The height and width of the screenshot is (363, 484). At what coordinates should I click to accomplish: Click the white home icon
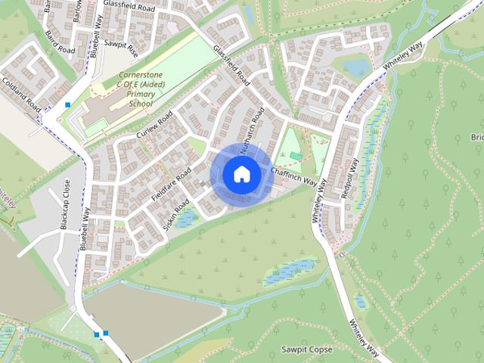pyautogui.click(x=240, y=174)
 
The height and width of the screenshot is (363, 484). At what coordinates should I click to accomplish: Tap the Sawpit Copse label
pyautogui.click(x=306, y=349)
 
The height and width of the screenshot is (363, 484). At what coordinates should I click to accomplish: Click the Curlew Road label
pyautogui.click(x=154, y=125)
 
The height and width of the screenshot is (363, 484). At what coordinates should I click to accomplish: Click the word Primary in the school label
pyautogui.click(x=141, y=95)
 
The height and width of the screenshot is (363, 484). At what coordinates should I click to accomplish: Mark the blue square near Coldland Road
pyautogui.click(x=68, y=104)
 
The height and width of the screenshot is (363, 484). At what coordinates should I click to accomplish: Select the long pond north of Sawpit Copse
pyautogui.click(x=290, y=271)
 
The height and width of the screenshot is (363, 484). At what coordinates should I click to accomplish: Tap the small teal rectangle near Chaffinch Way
pyautogui.click(x=295, y=156)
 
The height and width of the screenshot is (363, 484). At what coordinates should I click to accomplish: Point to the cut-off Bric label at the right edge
pyautogui.click(x=476, y=137)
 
